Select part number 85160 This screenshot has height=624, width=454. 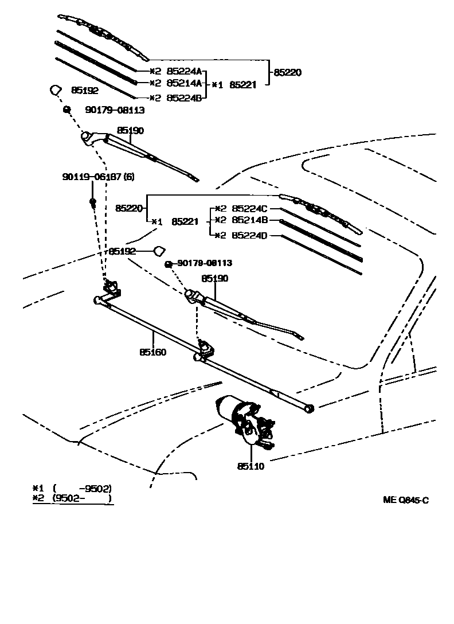[153, 352]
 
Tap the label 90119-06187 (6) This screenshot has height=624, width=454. [98, 176]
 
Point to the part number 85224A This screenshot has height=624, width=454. [185, 71]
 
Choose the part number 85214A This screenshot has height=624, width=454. [185, 83]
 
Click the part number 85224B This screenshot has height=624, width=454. [185, 97]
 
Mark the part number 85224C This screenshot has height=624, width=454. [250, 209]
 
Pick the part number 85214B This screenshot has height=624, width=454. [250, 220]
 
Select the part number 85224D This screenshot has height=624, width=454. [250, 236]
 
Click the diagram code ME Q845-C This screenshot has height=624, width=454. [406, 500]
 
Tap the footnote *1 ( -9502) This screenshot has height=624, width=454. [72, 488]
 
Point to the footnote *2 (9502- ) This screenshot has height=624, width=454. [72, 498]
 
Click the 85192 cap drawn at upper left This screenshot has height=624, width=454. [55, 90]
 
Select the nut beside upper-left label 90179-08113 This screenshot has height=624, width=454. [66, 108]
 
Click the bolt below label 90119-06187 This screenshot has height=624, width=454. [92, 202]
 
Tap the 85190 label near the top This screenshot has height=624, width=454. [130, 131]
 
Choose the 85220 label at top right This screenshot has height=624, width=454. [287, 72]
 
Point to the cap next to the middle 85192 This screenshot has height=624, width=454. [159, 251]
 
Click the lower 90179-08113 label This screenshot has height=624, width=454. [205, 263]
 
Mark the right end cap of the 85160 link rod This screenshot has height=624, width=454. [310, 408]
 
